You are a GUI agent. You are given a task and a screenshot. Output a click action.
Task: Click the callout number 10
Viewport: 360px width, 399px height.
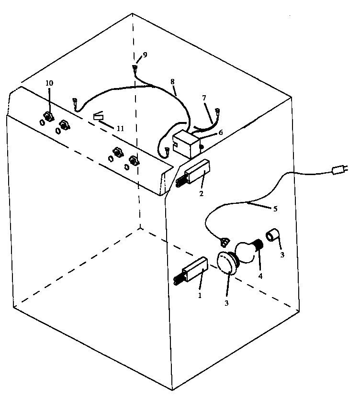click(x=49, y=83)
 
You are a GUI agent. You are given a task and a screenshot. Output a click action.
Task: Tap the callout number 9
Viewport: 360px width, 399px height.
click(x=145, y=55)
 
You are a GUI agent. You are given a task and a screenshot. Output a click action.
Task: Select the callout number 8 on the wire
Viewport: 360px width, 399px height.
click(x=173, y=82)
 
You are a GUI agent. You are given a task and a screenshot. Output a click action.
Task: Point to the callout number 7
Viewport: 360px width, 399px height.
click(x=204, y=98)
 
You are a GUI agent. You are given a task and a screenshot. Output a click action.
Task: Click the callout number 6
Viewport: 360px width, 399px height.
click(x=221, y=133)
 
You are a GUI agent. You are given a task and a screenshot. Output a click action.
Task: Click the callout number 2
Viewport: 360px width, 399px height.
click(x=202, y=194)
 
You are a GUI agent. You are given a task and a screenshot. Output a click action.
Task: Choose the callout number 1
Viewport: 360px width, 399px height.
click(x=200, y=295)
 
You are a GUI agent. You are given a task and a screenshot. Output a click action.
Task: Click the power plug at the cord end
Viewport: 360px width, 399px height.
click(x=341, y=168)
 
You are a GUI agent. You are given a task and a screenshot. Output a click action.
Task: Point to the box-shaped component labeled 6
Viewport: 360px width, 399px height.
click(x=185, y=143)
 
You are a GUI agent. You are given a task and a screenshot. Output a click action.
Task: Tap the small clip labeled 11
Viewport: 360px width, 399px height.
click(x=98, y=116)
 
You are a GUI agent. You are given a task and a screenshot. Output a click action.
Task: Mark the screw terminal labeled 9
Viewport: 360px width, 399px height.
click(x=135, y=68)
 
